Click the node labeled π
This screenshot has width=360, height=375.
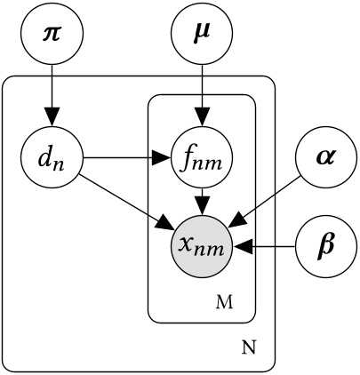pyautogui.click(x=51, y=36)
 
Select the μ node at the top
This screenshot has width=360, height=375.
pyautogui.click(x=203, y=36)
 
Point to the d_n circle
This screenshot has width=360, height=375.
pyautogui.click(x=51, y=161)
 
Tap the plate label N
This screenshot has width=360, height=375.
pyautogui.click(x=248, y=347)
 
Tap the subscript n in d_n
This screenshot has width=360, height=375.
pyautogui.click(x=59, y=165)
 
